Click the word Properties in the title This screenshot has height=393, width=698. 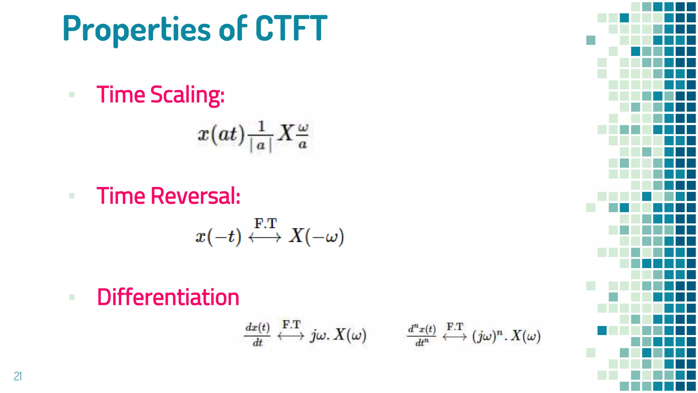coord(136,29)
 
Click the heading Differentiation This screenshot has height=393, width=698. coord(168,297)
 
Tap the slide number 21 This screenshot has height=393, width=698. coord(18,376)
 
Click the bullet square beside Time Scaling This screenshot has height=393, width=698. coord(72,94)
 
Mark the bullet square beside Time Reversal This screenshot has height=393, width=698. coord(72,196)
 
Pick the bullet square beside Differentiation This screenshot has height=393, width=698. coord(72,297)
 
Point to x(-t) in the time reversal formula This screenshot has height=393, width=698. coord(218,236)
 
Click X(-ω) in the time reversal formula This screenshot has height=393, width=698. coord(316,236)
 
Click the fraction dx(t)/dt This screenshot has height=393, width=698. coord(258,335)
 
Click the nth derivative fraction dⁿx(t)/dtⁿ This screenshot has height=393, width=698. coord(422,335)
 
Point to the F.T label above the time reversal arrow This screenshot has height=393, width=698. coord(265,224)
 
